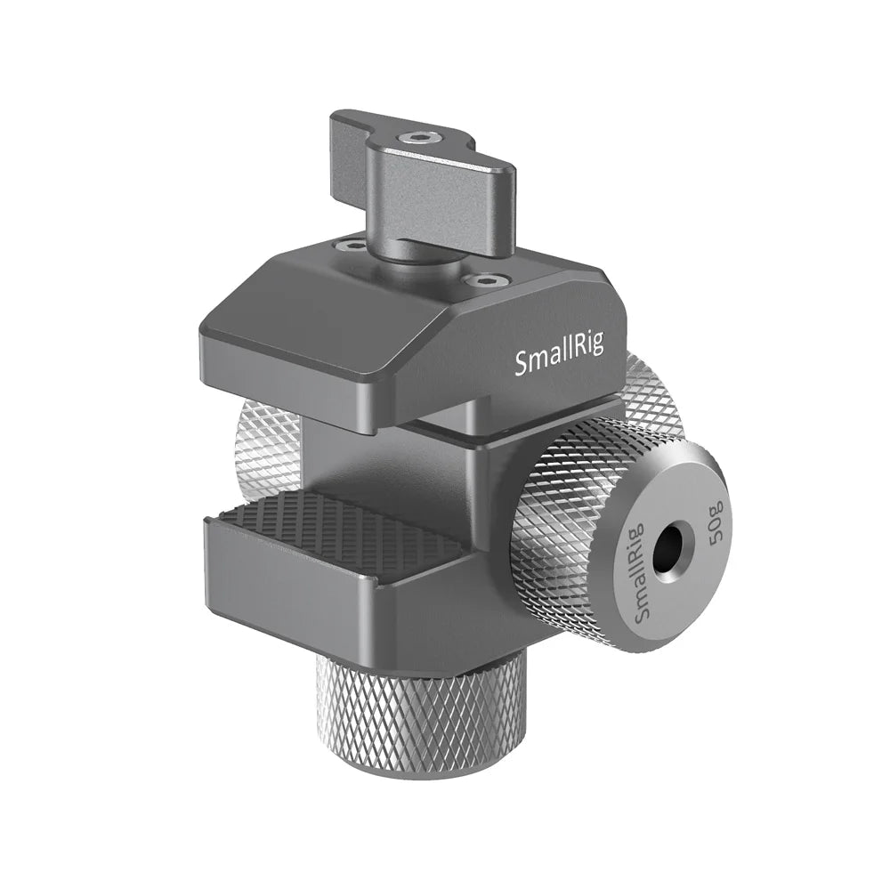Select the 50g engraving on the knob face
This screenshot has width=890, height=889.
coord(717,527)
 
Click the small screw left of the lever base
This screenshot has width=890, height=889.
coord(349,244)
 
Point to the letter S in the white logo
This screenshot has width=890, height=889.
coord(522,362)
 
